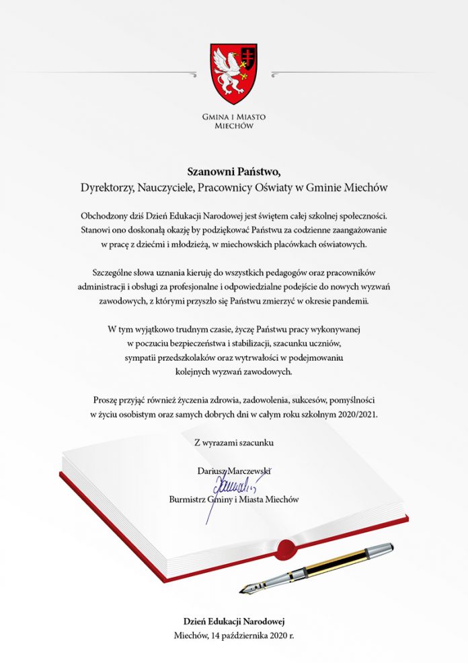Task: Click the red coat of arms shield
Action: click(x=233, y=73)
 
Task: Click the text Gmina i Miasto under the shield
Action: click(x=233, y=116)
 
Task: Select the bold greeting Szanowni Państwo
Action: click(x=233, y=172)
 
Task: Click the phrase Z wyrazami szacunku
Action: click(x=234, y=442)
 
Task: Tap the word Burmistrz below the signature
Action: click(x=190, y=499)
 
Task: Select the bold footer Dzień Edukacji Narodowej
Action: click(x=233, y=621)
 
